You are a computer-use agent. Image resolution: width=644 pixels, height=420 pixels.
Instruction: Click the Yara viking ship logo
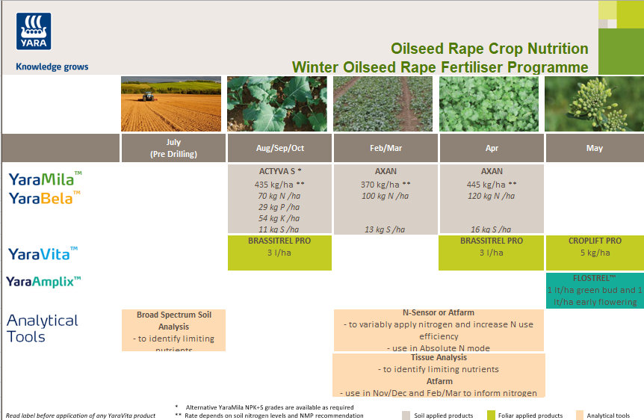pos(33,31)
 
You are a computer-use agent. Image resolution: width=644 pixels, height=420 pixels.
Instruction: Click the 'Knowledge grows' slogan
pos(52,67)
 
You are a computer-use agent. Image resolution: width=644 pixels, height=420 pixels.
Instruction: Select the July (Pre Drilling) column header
pos(173,148)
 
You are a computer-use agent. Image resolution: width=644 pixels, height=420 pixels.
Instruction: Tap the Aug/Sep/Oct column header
pos(280,148)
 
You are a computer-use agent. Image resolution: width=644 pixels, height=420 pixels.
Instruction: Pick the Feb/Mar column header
pos(386,148)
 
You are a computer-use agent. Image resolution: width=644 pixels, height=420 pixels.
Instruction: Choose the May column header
pos(595,148)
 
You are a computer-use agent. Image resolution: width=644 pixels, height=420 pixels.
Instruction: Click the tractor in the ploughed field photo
pos(148,96)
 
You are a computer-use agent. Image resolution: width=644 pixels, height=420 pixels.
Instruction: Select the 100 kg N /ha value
pos(386,196)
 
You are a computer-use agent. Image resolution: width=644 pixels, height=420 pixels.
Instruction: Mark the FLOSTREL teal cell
pos(595,289)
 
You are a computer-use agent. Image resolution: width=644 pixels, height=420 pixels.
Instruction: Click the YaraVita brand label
pos(43,253)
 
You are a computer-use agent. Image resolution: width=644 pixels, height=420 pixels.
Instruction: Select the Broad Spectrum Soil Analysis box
pos(174,330)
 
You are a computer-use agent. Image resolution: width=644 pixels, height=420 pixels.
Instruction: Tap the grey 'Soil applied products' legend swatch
pos(406,416)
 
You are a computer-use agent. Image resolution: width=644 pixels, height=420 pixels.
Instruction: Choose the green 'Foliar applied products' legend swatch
pos(491,416)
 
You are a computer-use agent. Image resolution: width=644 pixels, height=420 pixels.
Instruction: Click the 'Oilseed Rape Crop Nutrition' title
pos(489,49)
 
